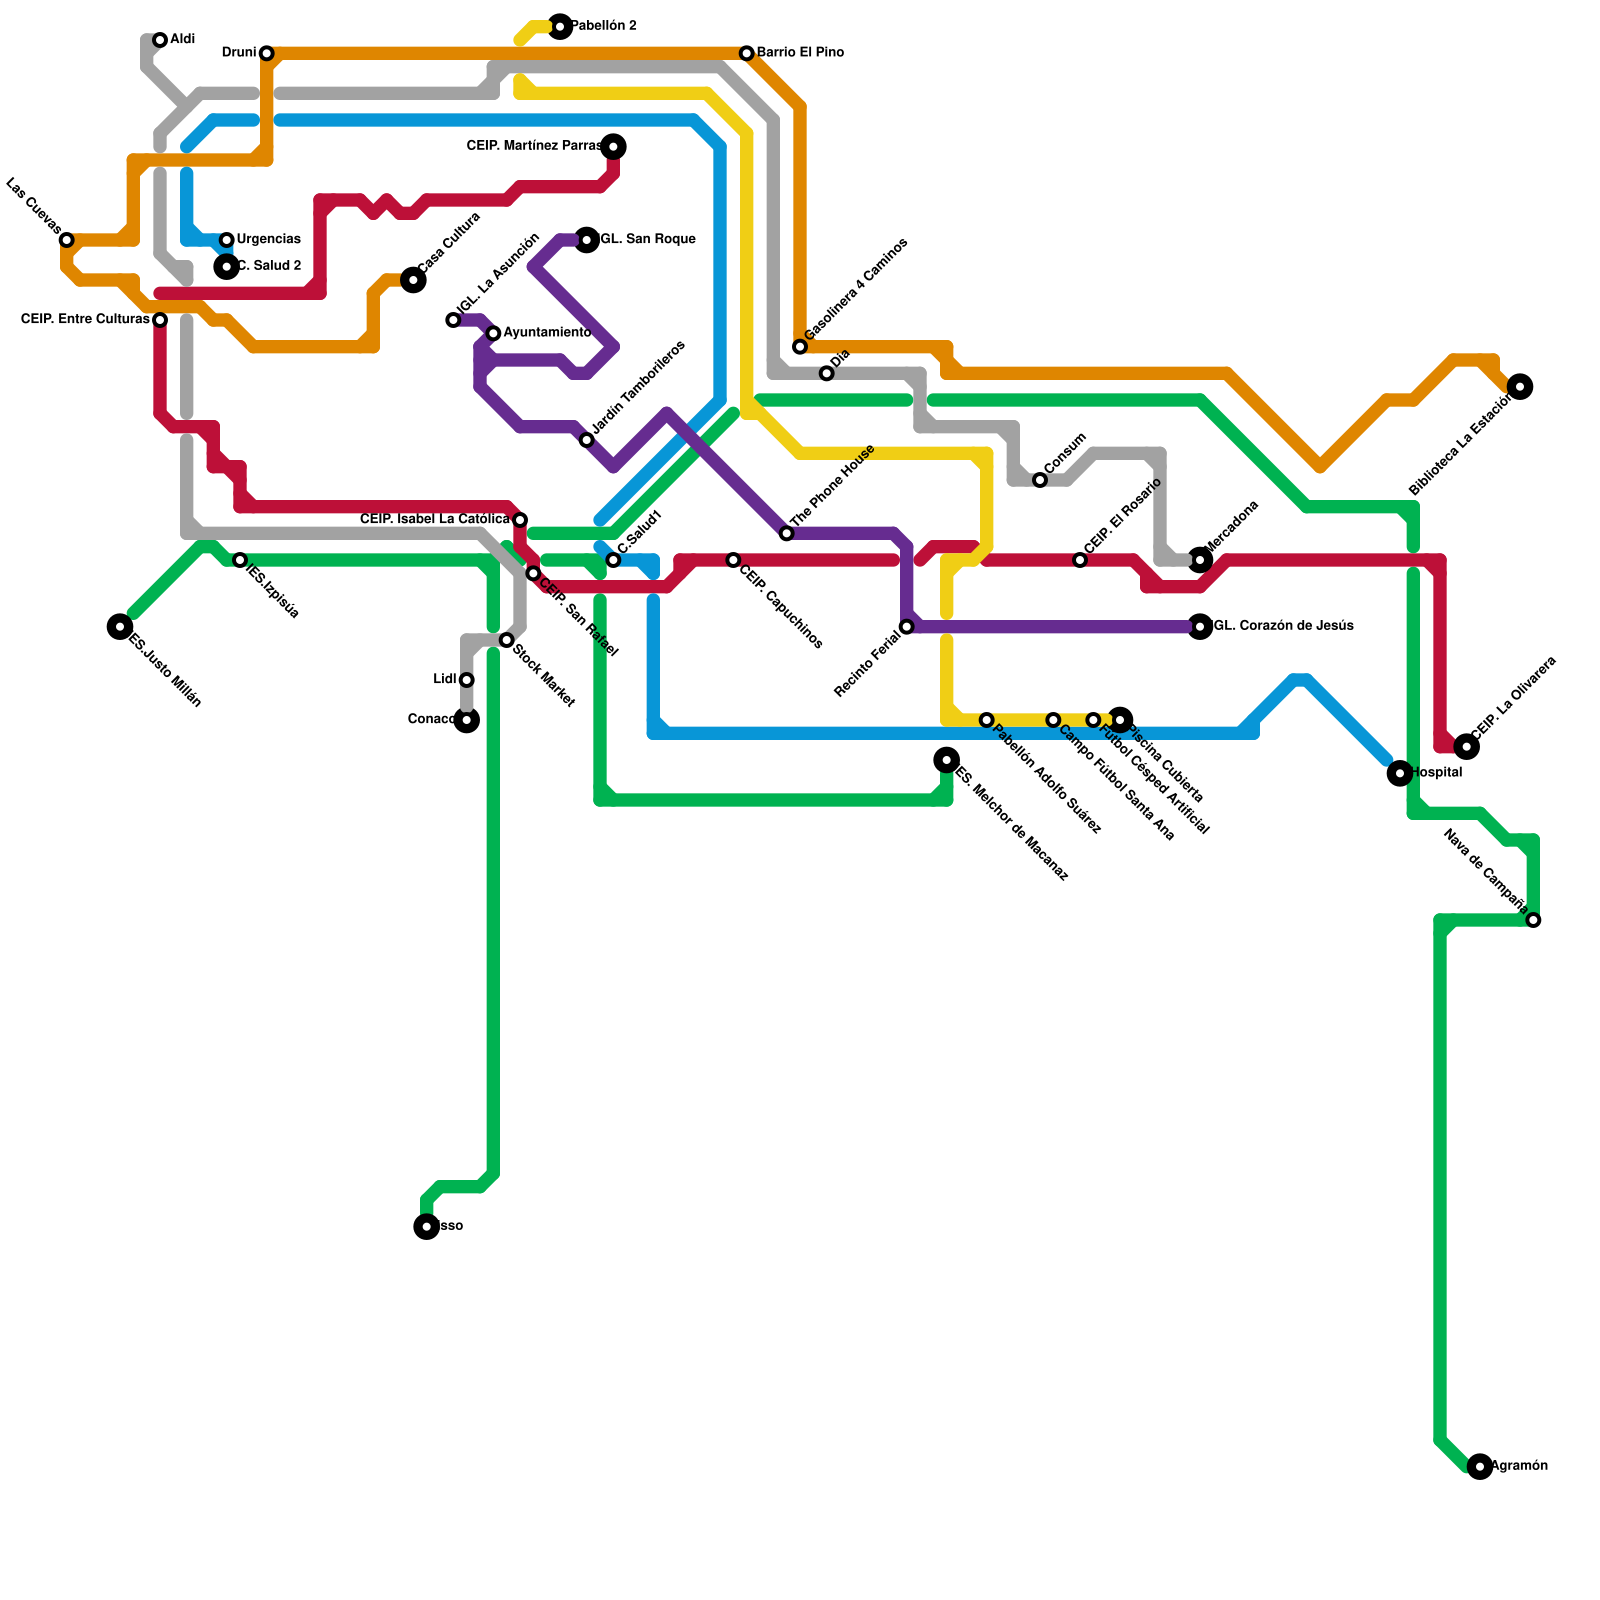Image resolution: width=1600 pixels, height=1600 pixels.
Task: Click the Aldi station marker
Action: point(160,40)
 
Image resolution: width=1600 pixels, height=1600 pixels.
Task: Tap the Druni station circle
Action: point(266,53)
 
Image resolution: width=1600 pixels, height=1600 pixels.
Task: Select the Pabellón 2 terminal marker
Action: point(560,26)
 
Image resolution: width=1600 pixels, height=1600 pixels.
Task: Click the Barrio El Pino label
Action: point(800,53)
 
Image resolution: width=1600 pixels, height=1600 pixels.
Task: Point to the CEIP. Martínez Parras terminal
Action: point(613,147)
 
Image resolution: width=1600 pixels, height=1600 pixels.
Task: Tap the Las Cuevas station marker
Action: point(66,240)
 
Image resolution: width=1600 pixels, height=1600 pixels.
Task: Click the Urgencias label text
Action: point(268,240)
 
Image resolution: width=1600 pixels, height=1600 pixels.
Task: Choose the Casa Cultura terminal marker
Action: point(413,280)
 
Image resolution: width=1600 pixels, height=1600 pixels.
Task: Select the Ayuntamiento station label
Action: point(546,333)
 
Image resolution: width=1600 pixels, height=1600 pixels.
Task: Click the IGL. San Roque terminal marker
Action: point(587,240)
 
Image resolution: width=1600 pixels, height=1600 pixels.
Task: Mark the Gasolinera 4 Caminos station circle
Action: point(800,347)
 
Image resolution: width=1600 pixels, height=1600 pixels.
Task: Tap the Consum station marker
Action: point(1040,480)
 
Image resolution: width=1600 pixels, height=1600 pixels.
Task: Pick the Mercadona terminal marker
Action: point(1200,560)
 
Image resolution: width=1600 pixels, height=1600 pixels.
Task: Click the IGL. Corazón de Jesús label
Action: point(1283,627)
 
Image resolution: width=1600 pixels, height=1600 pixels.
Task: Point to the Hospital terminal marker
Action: point(1400,773)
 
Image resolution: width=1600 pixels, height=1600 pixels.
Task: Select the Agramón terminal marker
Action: point(1480,1467)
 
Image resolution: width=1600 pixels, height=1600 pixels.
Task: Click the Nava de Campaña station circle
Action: point(1533,920)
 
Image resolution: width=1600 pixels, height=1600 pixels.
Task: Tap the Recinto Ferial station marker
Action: point(906,627)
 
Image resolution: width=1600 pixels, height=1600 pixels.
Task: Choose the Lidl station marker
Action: point(466,680)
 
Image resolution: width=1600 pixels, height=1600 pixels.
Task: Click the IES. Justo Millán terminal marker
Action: point(120,627)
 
